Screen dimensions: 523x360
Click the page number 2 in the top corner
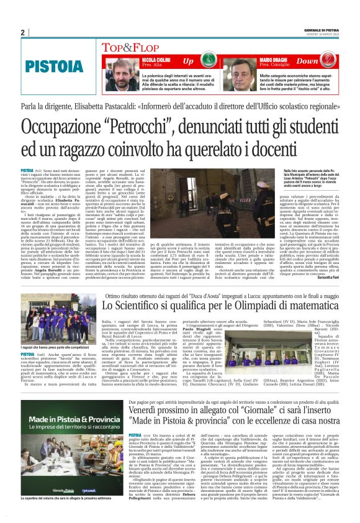pyautogui.click(x=22, y=32)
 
